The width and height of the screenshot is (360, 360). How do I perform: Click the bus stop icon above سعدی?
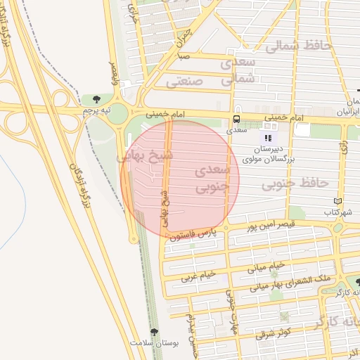[x=236, y=119]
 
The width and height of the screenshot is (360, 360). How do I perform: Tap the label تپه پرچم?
[x=96, y=110]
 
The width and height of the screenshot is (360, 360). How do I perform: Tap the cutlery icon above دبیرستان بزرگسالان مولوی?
[x=268, y=136]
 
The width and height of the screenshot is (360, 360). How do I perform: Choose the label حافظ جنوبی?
[x=295, y=184]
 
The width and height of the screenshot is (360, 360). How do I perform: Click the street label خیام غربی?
[x=200, y=276]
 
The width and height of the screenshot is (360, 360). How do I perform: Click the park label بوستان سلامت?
[x=154, y=342]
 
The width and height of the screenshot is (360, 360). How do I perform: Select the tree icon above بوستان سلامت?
[x=155, y=332]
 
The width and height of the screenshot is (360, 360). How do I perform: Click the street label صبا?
[x=184, y=56]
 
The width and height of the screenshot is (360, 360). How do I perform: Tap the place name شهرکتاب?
[x=337, y=212]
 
